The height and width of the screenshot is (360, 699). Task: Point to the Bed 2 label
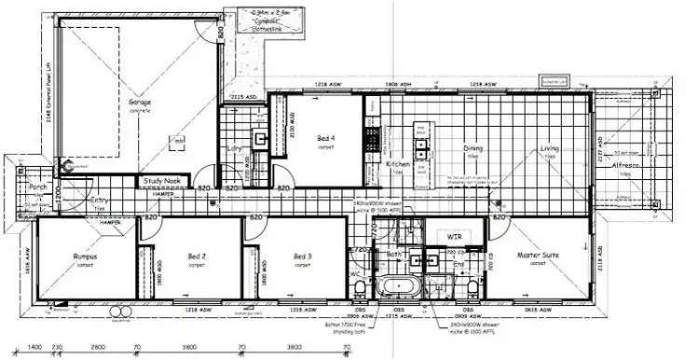tap(197, 256)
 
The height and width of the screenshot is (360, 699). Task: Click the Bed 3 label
tap(301, 256)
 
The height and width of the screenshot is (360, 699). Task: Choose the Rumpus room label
tap(87, 256)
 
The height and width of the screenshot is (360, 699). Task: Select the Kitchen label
tap(398, 164)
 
